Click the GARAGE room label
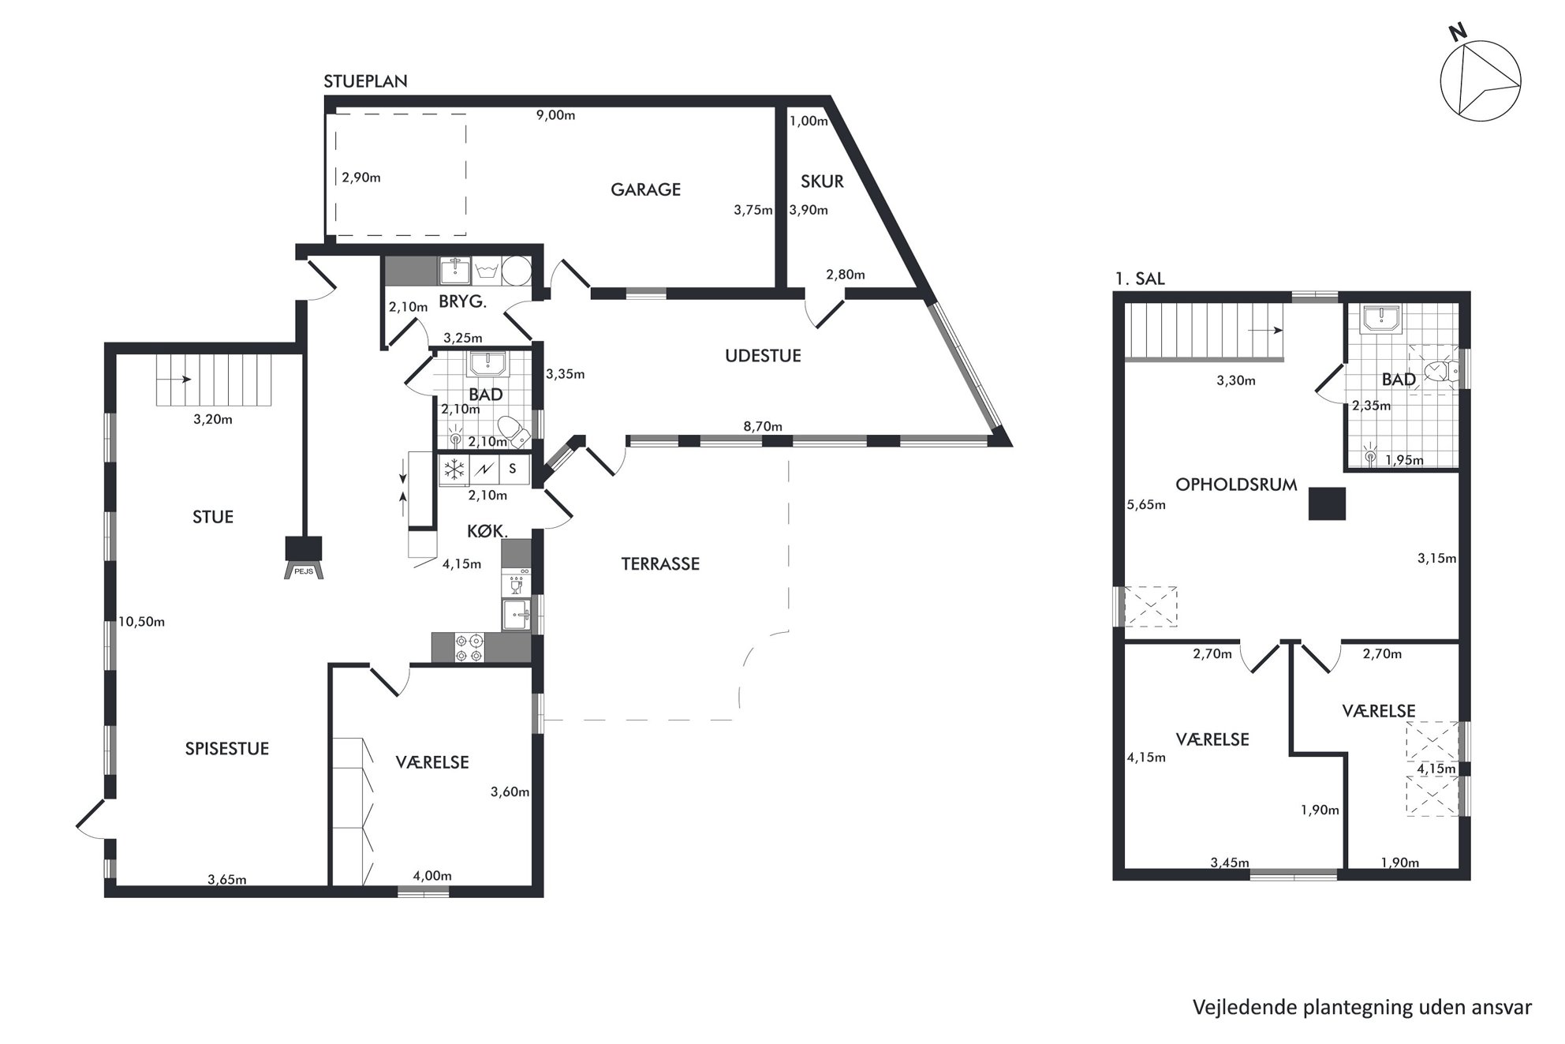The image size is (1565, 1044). [x=645, y=189]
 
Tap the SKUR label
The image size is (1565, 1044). [x=822, y=181]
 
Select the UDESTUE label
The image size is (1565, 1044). [x=763, y=356]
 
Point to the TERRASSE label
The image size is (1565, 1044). [x=660, y=564]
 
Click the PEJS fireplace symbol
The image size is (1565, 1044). [x=304, y=558]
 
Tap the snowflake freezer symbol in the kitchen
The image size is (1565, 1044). [x=454, y=470]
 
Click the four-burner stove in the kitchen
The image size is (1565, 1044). [x=469, y=648]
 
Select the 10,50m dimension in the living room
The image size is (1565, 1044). [x=142, y=622]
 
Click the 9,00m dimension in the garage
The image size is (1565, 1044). [x=556, y=115]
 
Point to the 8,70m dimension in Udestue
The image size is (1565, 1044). [x=763, y=427]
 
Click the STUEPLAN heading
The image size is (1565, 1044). [x=366, y=81]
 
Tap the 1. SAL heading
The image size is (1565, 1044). [x=1140, y=279]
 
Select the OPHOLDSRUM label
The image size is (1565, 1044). [x=1236, y=485]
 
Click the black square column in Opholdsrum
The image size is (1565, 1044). [x=1327, y=503]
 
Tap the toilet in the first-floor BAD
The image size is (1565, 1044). [x=1442, y=371]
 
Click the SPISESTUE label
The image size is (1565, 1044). [x=227, y=749]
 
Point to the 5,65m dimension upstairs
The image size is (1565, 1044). [x=1147, y=505]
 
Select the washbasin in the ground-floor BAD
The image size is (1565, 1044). [x=488, y=364]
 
